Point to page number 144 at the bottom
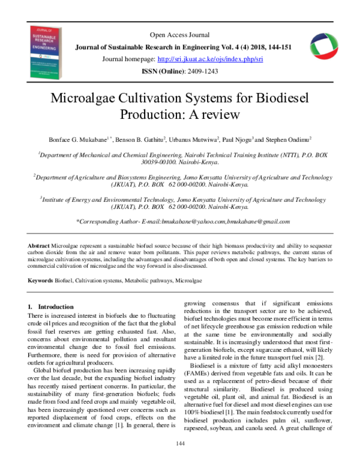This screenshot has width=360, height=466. click(179, 443)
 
